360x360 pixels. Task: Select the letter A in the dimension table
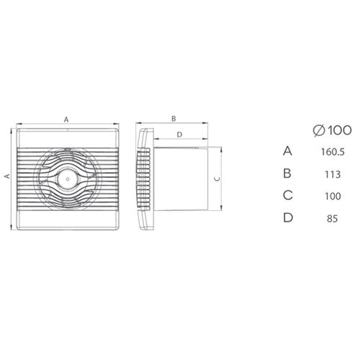[288, 151]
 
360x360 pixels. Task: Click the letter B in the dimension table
[288, 173]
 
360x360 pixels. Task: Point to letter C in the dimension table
[288, 195]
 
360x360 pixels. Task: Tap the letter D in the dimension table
[288, 217]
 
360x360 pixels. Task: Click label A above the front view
[66, 119]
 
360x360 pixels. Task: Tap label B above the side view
[174, 117]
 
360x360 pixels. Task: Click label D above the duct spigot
[179, 135]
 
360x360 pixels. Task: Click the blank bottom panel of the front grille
[66, 214]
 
